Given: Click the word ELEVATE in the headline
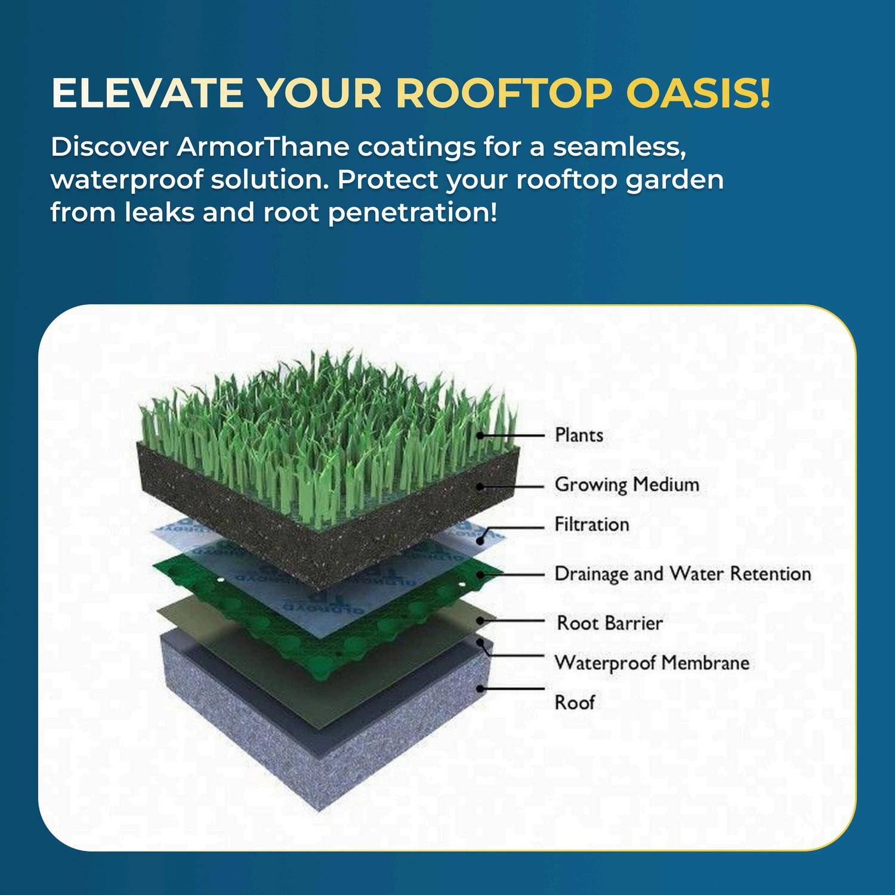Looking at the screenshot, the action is coord(147,93).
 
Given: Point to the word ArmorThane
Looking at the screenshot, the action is coord(263,147).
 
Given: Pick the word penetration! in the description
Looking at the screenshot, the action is coord(412,213).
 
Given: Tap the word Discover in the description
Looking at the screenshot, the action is coord(110,147).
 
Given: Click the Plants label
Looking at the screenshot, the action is coord(579,435).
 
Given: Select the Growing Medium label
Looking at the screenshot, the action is coord(627,484).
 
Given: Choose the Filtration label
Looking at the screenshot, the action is coord(592,524).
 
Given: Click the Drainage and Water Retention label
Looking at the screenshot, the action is coord(683,574).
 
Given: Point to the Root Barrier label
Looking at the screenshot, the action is coord(610,624).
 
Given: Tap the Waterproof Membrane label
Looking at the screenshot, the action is coord(652,663).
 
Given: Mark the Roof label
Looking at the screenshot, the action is coord(575,702).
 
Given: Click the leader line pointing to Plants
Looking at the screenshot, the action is coord(510,436).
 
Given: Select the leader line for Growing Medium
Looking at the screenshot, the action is coord(510,486).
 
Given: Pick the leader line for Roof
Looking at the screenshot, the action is coord(510,688).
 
